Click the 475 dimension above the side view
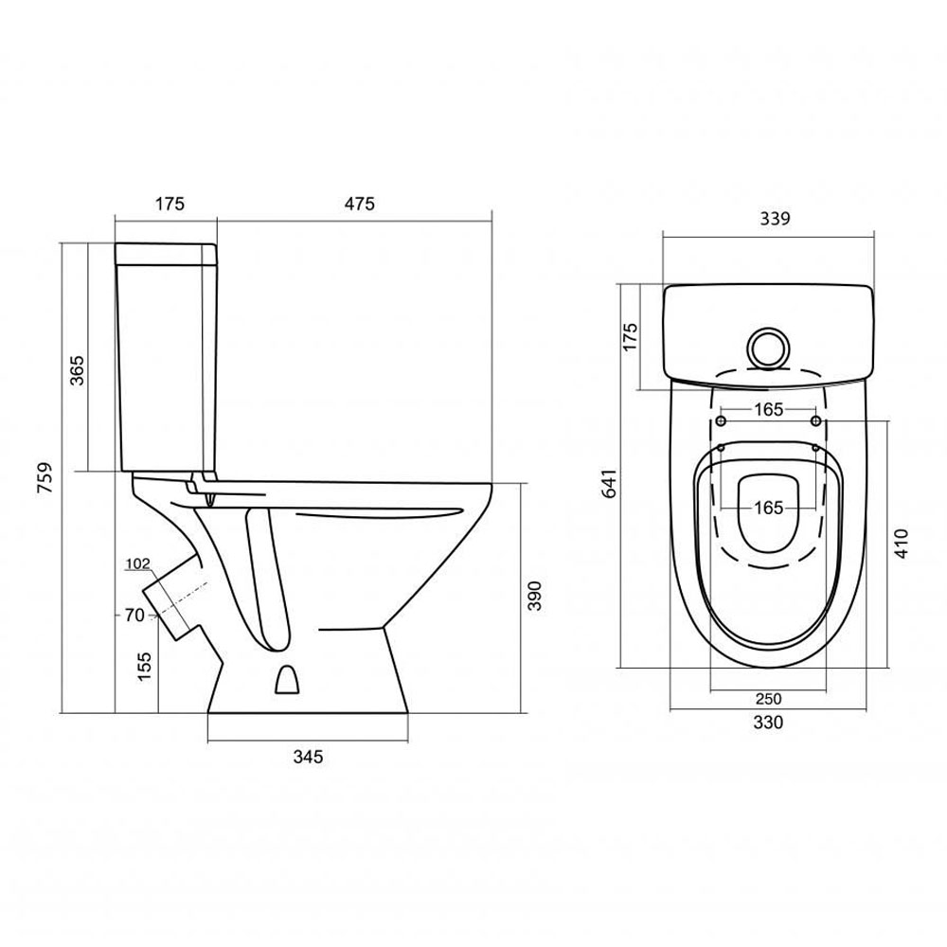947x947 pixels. (359, 204)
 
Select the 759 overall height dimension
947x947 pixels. (45, 477)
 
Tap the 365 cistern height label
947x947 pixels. (78, 370)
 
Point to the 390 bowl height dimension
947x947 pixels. (534, 596)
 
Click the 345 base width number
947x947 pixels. (308, 756)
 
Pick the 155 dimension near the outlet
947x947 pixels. (144, 666)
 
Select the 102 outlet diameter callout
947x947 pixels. (137, 563)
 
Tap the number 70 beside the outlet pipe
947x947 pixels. (134, 615)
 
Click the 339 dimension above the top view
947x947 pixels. (775, 218)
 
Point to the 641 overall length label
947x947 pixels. (610, 483)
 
